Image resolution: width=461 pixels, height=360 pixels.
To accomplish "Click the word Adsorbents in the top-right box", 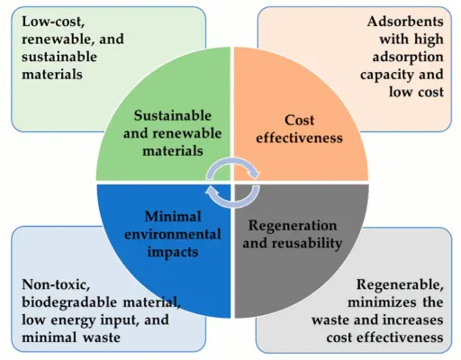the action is pos(405,22).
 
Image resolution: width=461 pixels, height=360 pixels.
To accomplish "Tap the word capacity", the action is pos(386,75).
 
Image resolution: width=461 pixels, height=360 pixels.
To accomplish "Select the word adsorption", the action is pos(408,58).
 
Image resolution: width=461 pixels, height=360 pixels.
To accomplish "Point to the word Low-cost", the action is pos(53,22).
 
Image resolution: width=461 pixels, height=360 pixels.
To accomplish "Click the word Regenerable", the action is pos(400,284).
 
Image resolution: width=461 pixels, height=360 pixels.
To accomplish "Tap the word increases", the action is pos(411,319).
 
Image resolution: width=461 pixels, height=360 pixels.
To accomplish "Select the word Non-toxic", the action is pos(56,284).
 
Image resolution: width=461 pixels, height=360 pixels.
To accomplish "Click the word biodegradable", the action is pos(69,302).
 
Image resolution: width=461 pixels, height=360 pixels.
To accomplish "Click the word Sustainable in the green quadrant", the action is pos(173,116).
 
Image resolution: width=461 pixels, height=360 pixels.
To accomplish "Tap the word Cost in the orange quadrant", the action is pos(299,121).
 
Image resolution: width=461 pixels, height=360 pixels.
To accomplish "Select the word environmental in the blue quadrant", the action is pos(173,234).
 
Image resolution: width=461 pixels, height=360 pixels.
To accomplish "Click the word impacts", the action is pos(173,253).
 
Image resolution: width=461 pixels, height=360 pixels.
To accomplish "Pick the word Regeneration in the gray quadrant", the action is pos(293,226).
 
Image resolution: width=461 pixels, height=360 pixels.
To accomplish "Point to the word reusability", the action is pos(312,243).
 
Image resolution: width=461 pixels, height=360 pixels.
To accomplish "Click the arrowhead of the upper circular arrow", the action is pos(255,174).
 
